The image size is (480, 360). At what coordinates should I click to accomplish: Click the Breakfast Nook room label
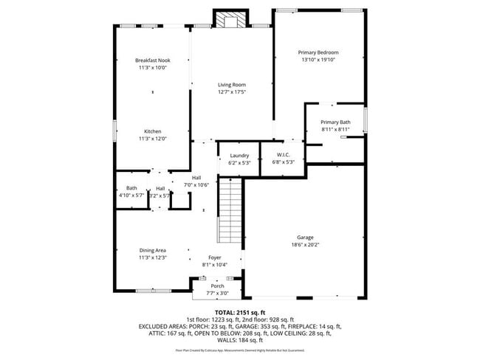152,60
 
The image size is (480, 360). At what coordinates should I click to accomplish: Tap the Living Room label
231,85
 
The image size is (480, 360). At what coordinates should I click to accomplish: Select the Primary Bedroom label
318,52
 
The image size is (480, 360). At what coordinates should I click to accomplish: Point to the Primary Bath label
335,122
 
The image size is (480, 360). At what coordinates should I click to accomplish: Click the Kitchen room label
152,131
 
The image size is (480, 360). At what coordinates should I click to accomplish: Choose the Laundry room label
239,155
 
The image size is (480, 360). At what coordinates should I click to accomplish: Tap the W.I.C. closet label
284,155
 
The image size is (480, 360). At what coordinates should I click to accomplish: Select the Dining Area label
152,250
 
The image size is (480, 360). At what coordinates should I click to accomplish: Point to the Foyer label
214,257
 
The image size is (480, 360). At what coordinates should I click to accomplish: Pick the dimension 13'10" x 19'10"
318,60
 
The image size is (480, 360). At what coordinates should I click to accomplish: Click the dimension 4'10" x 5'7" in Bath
131,195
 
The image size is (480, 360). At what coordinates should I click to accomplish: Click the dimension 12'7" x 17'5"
231,92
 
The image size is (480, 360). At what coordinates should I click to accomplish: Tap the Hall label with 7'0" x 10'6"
196,178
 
